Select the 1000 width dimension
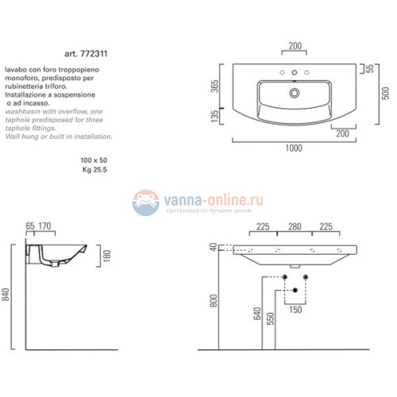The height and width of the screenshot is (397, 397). pos(295,147)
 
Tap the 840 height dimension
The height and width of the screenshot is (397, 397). pos(6,297)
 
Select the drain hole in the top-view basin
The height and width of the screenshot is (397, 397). pos(294,93)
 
